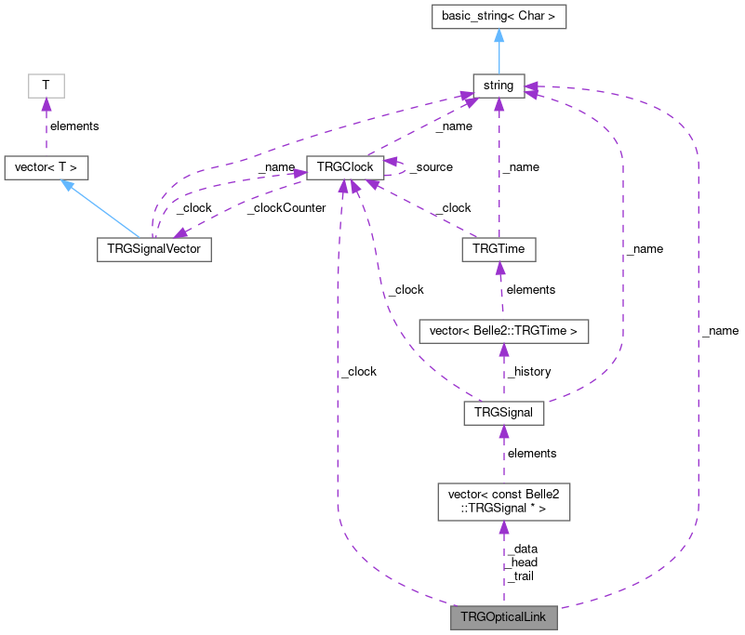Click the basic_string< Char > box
point(499,16)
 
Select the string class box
point(499,86)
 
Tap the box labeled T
point(46,86)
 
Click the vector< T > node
point(47,168)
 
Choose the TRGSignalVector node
point(154,250)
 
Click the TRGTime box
point(499,250)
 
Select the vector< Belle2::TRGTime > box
point(503,331)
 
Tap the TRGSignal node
point(503,413)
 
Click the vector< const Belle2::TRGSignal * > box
point(503,501)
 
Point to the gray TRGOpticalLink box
point(503,617)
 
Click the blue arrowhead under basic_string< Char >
point(499,36)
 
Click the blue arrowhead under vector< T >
point(67,187)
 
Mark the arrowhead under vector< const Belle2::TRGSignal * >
point(503,528)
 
